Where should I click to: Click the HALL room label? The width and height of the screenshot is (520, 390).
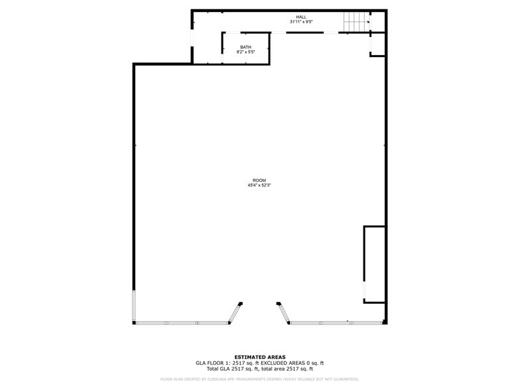pyautogui.click(x=301, y=17)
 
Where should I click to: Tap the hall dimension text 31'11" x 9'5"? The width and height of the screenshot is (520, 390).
pyautogui.click(x=301, y=22)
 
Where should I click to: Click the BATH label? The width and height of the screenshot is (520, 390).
pyautogui.click(x=245, y=47)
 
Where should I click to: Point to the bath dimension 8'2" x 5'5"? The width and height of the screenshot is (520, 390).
pyautogui.click(x=245, y=52)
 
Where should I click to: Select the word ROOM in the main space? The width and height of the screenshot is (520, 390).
pyautogui.click(x=259, y=180)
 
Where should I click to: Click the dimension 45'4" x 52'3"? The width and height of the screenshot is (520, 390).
pyautogui.click(x=259, y=185)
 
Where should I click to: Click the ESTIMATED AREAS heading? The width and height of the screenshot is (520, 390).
pyautogui.click(x=259, y=357)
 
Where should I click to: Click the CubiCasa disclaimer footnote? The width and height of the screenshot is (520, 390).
pyautogui.click(x=259, y=379)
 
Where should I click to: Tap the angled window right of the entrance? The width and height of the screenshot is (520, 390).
pyautogui.click(x=284, y=313)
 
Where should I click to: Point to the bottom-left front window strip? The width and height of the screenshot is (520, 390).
pyautogui.click(x=182, y=323)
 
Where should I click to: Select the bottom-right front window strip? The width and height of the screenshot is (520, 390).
pyautogui.click(x=336, y=323)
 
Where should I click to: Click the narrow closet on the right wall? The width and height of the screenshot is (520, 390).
pyautogui.click(x=374, y=264)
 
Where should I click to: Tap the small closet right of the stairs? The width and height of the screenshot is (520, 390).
pyautogui.click(x=377, y=42)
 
